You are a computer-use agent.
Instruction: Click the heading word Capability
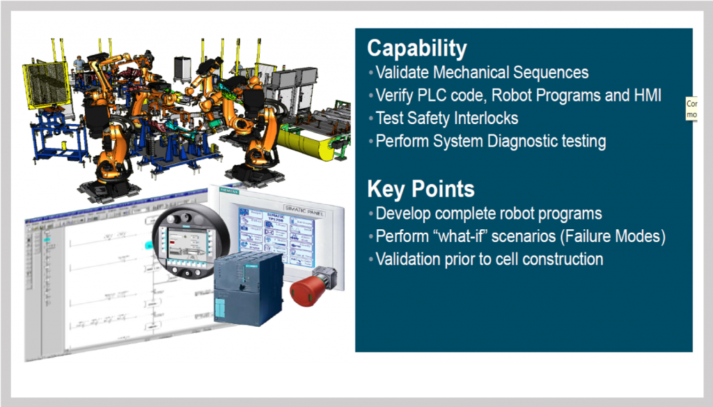pos(416,48)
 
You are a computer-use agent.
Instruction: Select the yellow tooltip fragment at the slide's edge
pos(691,108)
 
